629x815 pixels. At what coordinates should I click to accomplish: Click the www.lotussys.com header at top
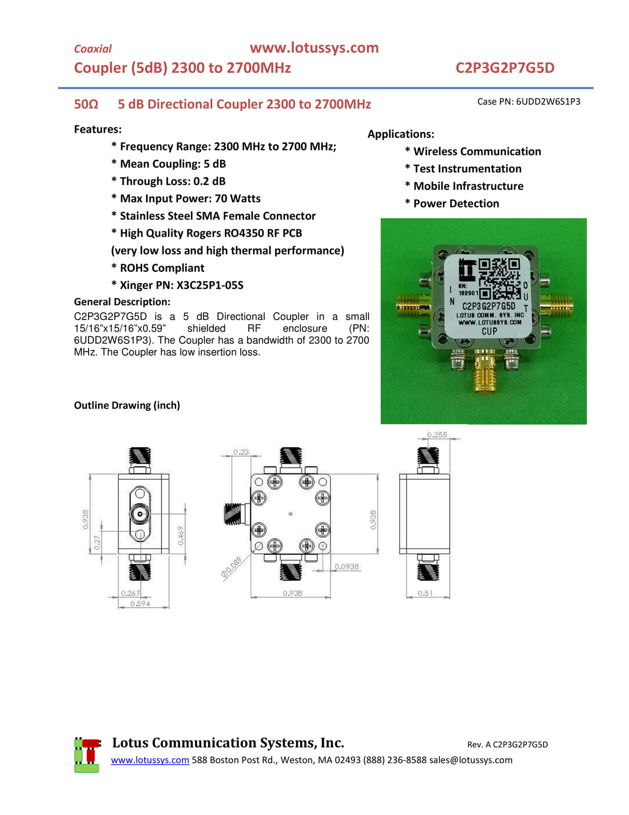pos(314,48)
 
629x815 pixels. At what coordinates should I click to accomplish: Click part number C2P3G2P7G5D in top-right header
pos(504,68)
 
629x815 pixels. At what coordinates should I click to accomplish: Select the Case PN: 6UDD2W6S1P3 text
pos(528,101)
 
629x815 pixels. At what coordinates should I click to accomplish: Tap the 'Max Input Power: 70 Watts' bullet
pos(190,198)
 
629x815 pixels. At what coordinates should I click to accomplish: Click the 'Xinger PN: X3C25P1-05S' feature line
pos(181,285)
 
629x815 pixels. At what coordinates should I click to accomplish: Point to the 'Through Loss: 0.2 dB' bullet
pos(172,181)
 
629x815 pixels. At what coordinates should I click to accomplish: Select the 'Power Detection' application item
pos(456,204)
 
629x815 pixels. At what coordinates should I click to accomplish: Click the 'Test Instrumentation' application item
pos(467,168)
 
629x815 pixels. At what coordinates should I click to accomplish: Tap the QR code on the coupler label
pos(499,279)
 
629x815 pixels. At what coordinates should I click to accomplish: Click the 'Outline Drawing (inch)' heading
pos(127,405)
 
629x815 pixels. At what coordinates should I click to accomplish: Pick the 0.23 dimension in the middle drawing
pos(241,452)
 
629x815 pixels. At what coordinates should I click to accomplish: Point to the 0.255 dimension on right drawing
pos(437,435)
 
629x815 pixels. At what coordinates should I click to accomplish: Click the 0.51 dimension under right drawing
pos(425,593)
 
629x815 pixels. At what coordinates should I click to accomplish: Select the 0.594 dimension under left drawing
pos(140,604)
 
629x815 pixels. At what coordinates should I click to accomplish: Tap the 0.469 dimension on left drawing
pos(181,535)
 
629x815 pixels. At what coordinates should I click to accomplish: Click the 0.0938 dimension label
pos(347,566)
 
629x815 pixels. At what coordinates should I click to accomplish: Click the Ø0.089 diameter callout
pos(232,567)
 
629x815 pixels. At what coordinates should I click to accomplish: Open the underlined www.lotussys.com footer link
pos(150,760)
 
